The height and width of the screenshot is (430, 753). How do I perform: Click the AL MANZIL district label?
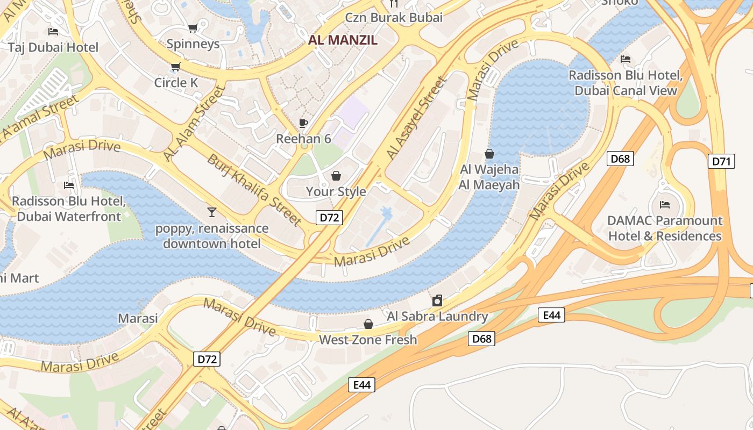pyautogui.click(x=343, y=40)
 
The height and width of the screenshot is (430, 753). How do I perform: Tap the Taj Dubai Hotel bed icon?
pyautogui.click(x=53, y=32)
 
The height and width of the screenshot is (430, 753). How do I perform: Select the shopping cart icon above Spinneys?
pyautogui.click(x=193, y=28)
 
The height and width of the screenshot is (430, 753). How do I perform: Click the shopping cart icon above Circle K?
pyautogui.click(x=175, y=67)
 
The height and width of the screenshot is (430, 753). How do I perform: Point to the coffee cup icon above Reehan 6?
pyautogui.click(x=303, y=123)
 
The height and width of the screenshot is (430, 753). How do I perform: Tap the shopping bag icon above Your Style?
pyautogui.click(x=336, y=176)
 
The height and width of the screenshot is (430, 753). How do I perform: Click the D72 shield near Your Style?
pyautogui.click(x=329, y=218)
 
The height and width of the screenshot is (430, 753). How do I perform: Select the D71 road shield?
pyautogui.click(x=721, y=161)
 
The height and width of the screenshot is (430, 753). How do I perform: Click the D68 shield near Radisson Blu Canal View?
pyautogui.click(x=620, y=159)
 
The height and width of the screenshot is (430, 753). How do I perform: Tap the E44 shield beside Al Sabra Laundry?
pyautogui.click(x=551, y=315)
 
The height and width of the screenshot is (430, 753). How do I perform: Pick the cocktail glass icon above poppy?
pyautogui.click(x=211, y=212)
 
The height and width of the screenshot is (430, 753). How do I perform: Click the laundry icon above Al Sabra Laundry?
pyautogui.click(x=437, y=300)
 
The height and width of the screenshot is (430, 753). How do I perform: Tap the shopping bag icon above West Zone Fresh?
pyautogui.click(x=368, y=324)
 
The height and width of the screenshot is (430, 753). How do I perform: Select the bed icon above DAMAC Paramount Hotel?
pyautogui.click(x=665, y=205)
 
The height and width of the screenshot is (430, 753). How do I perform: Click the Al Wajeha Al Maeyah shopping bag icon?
pyautogui.click(x=489, y=154)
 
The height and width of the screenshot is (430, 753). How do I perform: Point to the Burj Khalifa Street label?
pyautogui.click(x=254, y=189)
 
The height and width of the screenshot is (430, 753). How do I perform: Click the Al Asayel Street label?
pyautogui.click(x=417, y=118)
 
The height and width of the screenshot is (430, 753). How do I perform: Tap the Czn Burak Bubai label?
pyautogui.click(x=394, y=17)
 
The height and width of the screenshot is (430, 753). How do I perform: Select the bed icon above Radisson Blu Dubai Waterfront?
pyautogui.click(x=69, y=185)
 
